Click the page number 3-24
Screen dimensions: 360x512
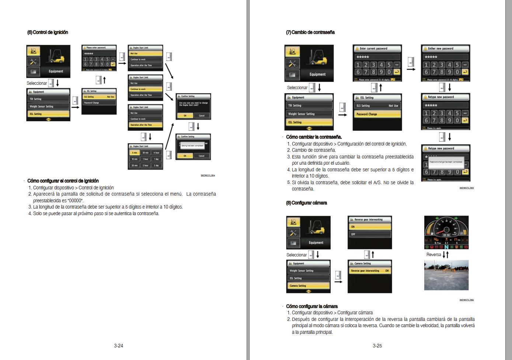(118, 346)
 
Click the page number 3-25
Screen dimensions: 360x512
(377, 346)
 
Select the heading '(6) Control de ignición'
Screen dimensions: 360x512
(48, 32)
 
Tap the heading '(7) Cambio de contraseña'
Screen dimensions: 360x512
(310, 32)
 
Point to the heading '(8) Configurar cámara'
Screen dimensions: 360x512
(306, 203)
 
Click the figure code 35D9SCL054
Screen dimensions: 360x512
(208, 175)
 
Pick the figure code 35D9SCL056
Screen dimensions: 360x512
(466, 300)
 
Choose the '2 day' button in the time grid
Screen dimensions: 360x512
(157, 165)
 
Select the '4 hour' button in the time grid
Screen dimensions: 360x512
(157, 153)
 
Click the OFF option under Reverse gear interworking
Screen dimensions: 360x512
(369, 234)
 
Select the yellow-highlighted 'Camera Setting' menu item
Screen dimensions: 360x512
(308, 286)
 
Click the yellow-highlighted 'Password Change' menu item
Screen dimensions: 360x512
(377, 114)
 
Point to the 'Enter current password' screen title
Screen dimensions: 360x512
(377, 49)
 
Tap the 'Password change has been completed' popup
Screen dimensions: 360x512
(446, 162)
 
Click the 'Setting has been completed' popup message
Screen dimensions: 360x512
(191, 146)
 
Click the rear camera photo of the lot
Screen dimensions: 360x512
(446, 275)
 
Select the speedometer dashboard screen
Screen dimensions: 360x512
(446, 233)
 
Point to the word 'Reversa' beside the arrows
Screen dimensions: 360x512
(433, 255)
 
